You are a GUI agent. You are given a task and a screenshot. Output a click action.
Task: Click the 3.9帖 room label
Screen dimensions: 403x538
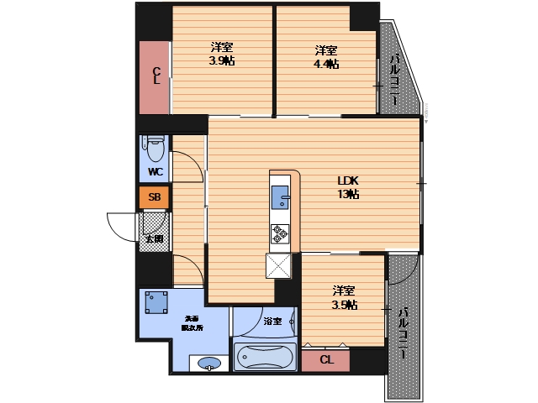click(x=222, y=54)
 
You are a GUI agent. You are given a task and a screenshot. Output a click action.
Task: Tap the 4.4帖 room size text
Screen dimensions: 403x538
click(x=327, y=56)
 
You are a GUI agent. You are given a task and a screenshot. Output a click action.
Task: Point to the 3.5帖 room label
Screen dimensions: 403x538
click(x=344, y=297)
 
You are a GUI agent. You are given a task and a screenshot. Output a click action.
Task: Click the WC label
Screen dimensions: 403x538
click(x=155, y=172)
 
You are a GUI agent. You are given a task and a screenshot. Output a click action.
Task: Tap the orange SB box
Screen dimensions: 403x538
click(x=154, y=198)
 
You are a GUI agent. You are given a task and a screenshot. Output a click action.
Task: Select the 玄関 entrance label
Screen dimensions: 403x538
click(x=154, y=239)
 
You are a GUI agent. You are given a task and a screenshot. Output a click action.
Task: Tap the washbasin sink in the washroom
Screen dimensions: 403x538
click(x=210, y=364)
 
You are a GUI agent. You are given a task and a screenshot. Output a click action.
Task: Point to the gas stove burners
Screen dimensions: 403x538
click(x=280, y=233)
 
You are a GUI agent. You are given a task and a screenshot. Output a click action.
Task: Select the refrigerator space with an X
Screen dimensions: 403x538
click(x=279, y=264)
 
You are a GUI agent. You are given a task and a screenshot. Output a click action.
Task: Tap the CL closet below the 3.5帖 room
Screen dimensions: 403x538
click(x=326, y=360)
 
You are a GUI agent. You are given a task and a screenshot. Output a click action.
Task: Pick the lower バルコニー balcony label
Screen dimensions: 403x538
click(x=403, y=332)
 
